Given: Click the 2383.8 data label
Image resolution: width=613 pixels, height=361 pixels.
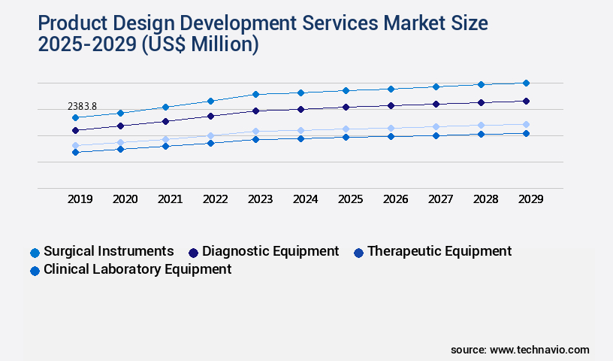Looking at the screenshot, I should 82,106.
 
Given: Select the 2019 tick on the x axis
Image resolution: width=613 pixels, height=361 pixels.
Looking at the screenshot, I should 80,199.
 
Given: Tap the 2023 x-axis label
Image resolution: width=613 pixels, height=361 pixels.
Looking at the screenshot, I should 261,199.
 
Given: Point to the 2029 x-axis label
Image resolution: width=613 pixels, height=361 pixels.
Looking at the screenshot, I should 530,199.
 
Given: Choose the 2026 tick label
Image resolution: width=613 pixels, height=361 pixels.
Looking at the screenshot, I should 395,199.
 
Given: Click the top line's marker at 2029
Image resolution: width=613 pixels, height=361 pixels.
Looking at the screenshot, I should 526,83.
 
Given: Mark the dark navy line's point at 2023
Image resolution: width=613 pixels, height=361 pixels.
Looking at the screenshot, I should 255,111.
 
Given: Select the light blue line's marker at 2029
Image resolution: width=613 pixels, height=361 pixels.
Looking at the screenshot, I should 526,124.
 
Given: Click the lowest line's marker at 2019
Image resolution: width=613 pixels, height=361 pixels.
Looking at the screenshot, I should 75,152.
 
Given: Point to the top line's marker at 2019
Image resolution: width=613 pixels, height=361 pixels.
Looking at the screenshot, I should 75,117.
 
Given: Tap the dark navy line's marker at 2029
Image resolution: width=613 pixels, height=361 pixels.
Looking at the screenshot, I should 526,101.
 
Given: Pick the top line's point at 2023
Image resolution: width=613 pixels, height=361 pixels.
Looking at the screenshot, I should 255,94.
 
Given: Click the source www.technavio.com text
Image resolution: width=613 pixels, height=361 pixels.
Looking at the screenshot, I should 520,350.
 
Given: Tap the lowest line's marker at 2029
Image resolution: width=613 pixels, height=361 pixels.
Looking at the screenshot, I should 526,133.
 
